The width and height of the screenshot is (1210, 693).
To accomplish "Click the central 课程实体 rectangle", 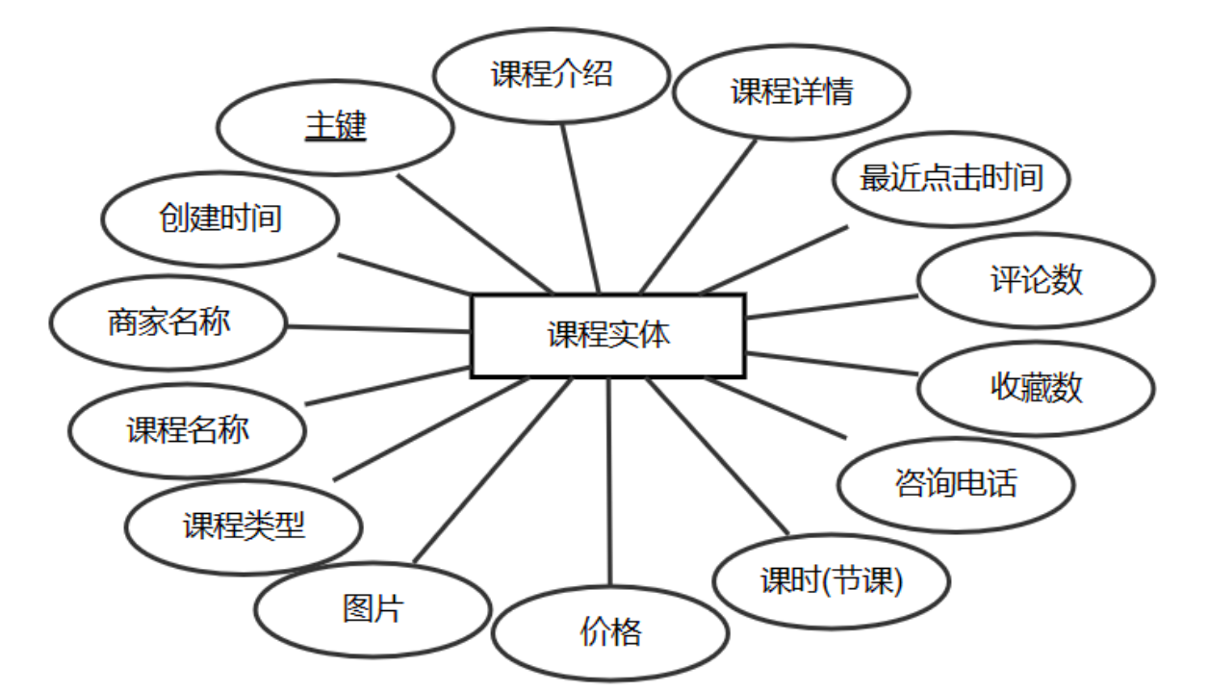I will [x=607, y=336].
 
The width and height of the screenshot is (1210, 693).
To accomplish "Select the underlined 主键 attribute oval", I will [x=336, y=127].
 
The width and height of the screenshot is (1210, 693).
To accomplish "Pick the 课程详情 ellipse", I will [x=791, y=92].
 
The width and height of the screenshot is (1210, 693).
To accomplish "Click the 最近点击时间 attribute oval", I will [x=951, y=179].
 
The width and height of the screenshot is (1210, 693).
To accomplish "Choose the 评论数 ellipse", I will [x=1036, y=280].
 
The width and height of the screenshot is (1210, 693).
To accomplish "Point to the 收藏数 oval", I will [x=1036, y=388].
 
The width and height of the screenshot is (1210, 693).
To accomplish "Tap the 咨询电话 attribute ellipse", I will [x=956, y=483].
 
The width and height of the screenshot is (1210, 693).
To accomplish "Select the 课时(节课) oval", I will [x=832, y=581].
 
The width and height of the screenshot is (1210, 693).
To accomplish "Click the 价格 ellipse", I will [x=610, y=633].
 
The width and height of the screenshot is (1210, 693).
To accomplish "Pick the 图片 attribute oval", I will [x=373, y=609].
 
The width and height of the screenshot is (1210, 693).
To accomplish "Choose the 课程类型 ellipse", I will [x=245, y=526].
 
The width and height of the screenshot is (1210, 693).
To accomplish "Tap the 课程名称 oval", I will [x=188, y=429].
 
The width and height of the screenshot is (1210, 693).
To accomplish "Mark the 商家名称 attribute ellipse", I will [x=168, y=322].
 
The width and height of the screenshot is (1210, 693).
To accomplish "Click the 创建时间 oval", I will [x=220, y=218].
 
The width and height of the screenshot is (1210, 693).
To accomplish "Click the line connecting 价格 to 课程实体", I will [x=609, y=481].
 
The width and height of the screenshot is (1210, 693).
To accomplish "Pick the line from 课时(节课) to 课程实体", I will [x=717, y=456].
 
